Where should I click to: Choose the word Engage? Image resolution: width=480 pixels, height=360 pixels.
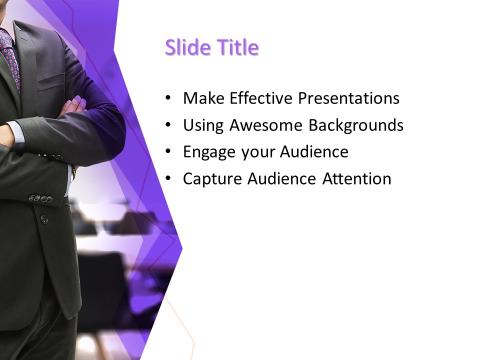[x=210, y=151]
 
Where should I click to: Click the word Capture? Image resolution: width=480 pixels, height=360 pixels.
[x=211, y=178]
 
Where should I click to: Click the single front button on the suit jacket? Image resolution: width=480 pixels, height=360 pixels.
[x=44, y=219]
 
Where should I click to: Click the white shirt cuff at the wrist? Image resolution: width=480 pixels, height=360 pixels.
[x=17, y=135]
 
